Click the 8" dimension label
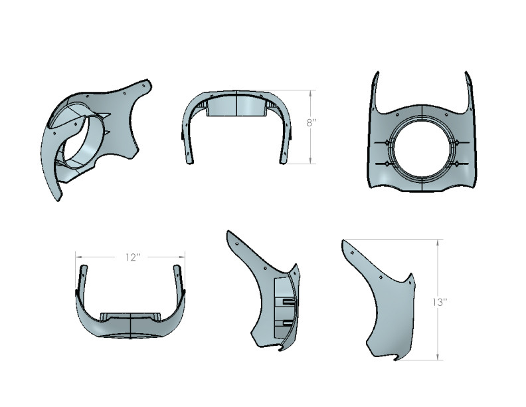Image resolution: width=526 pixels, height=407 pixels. pyautogui.click(x=310, y=123)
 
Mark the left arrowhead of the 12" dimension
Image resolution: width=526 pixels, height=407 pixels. pyautogui.click(x=78, y=256)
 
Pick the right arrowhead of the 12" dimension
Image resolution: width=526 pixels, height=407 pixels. pyautogui.click(x=183, y=256)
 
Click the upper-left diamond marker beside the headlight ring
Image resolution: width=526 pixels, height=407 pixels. pyautogui.click(x=387, y=143)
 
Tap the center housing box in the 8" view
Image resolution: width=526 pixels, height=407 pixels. pyautogui.click(x=236, y=108)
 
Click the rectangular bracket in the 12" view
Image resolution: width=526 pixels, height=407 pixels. pyautogui.click(x=130, y=315)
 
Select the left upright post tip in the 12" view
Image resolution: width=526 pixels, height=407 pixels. pyautogui.click(x=84, y=269)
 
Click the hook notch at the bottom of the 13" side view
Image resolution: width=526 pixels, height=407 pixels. pyautogui.click(x=397, y=360)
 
